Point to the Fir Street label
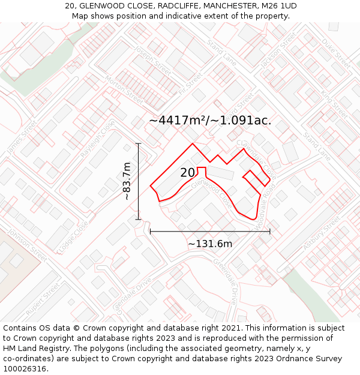pyautogui.click(x=191, y=85)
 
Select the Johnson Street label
pyautogui.click(x=27, y=247)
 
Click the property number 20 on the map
pyautogui.click(x=187, y=173)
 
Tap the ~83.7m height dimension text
pyautogui.click(x=127, y=181)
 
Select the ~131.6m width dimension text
pyautogui.click(x=210, y=244)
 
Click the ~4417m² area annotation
pyautogui.click(x=210, y=121)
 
